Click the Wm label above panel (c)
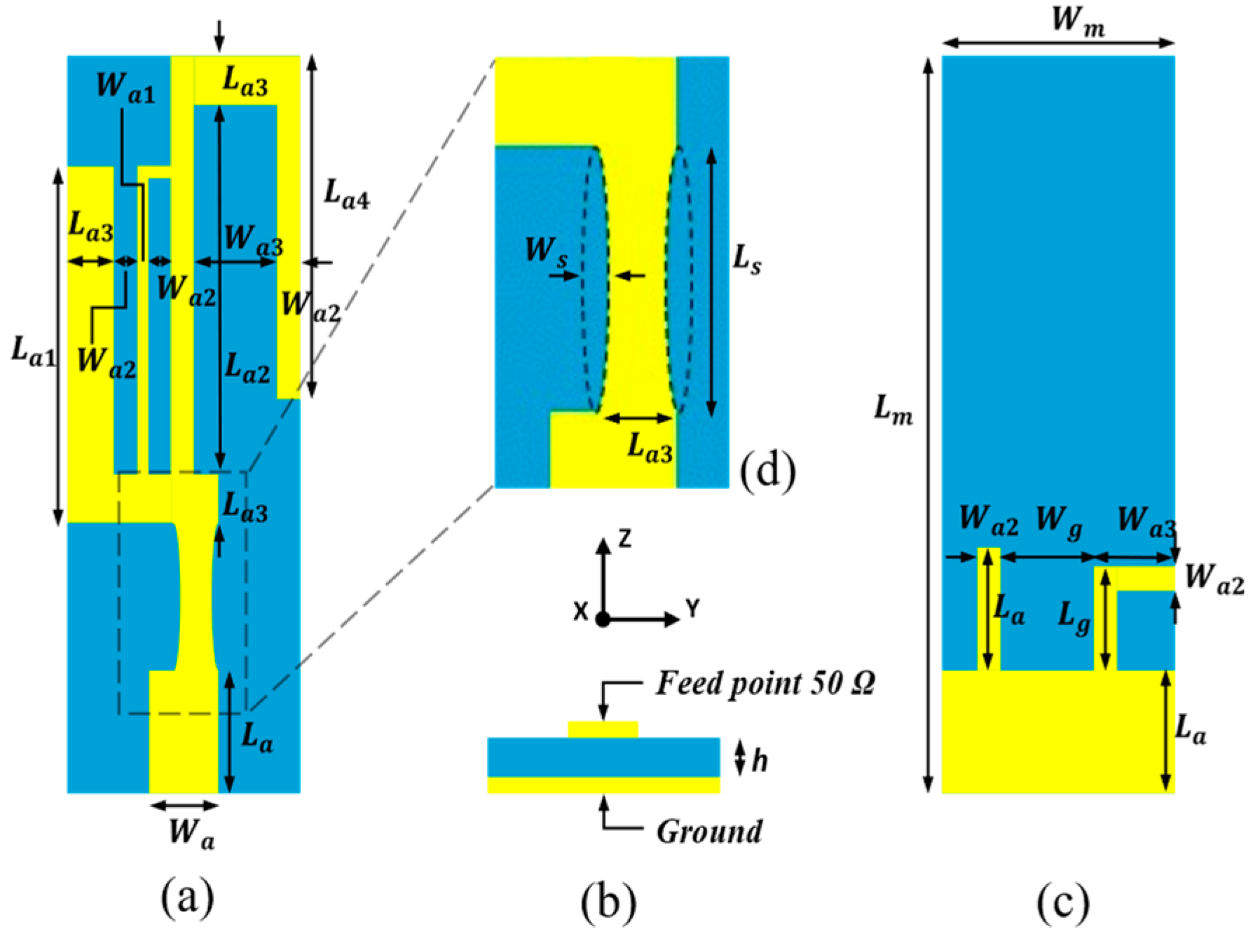coord(1078,21)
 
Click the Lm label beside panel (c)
coord(893,410)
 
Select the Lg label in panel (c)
coord(1074,617)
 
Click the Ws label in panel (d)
coord(547,251)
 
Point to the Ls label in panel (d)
coord(747,261)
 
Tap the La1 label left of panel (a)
coord(33,350)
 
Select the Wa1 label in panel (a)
coord(125,87)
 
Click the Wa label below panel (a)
coord(191,834)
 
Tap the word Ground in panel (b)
coord(709,832)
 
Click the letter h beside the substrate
coord(760,760)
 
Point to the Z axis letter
coord(624,538)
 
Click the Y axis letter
coord(692,609)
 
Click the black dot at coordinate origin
coord(603,619)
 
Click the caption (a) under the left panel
coord(187,897)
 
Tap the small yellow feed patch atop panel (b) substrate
coord(603,729)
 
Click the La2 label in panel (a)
coord(247,368)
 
